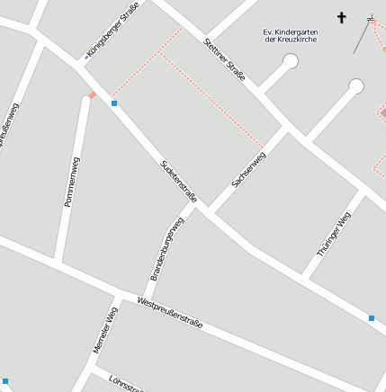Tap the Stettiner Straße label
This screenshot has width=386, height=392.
(225, 60)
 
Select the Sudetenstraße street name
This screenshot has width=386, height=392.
(178, 181)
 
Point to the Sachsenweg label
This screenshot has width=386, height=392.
(249, 170)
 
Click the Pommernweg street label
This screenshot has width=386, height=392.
(72, 183)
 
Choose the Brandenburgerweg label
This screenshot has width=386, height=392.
(166, 248)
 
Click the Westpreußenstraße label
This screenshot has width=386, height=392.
(170, 311)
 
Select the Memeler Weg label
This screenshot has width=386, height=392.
(105, 330)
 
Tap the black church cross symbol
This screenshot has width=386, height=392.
(342, 17)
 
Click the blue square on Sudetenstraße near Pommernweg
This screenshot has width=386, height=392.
(114, 103)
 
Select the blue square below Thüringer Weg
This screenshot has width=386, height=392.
(372, 317)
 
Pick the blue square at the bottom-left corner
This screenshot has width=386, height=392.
(4, 381)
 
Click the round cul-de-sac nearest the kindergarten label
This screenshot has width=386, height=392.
(291, 61)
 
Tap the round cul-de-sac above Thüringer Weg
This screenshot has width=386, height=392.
(356, 86)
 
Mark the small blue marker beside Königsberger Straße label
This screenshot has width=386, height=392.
(87, 57)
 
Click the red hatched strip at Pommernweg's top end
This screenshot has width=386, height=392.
(92, 94)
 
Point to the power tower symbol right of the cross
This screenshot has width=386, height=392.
(371, 18)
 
